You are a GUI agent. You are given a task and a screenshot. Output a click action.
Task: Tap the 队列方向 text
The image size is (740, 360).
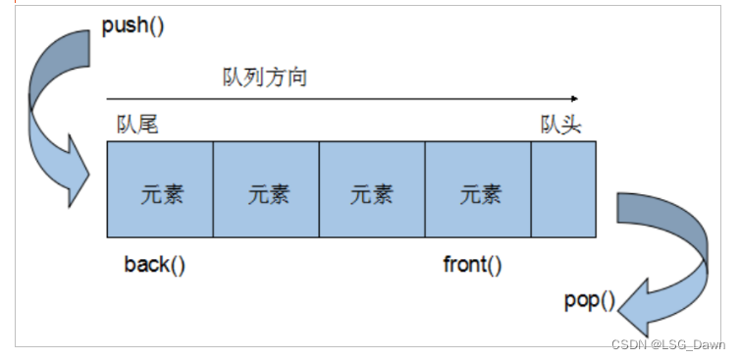[265, 77]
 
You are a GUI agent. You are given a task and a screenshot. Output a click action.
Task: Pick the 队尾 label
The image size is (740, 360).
[136, 125]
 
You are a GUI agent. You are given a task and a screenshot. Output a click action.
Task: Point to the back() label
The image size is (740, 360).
[154, 265]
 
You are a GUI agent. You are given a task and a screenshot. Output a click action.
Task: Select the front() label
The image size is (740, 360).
[472, 265]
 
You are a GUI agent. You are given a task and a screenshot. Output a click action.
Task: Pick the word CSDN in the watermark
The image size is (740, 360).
[625, 344]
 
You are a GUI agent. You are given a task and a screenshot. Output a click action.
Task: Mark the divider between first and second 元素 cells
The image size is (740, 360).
[213, 189]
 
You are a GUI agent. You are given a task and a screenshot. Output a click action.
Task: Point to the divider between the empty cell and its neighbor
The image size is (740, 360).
[531, 189]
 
